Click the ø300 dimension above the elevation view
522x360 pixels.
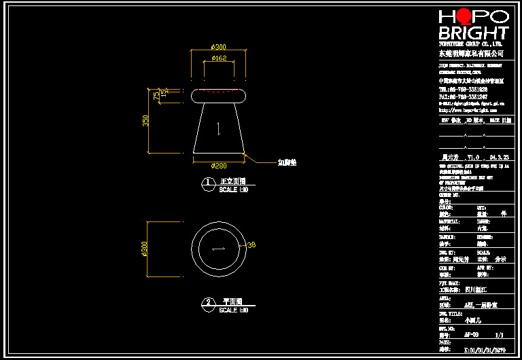pyautogui.click(x=218, y=46)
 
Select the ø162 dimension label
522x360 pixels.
pyautogui.click(x=218, y=58)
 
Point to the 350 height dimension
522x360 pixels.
pyautogui.click(x=145, y=120)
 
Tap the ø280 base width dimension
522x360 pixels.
pyautogui.click(x=218, y=166)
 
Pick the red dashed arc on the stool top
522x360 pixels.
pyautogui.click(x=218, y=91)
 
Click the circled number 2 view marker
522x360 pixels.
pyautogui.click(x=209, y=303)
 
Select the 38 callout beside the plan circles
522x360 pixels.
pyautogui.click(x=251, y=245)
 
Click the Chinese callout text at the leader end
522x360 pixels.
pyautogui.click(x=287, y=163)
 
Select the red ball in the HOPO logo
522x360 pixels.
pyautogui.click(x=464, y=16)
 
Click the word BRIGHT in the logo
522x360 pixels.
pyautogui.click(x=473, y=33)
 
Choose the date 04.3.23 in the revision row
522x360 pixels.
pyautogui.click(x=500, y=156)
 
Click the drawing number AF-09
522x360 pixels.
pyautogui.click(x=471, y=334)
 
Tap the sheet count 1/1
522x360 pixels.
pyautogui.click(x=500, y=334)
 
